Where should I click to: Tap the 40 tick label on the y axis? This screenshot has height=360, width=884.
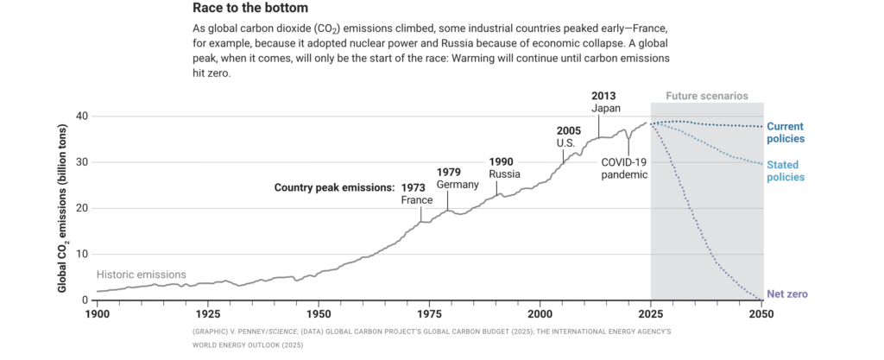coord(81,117)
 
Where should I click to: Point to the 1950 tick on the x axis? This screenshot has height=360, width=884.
coord(319,314)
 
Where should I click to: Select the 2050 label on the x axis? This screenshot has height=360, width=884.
coord(761,314)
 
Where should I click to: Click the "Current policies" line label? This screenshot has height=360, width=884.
coord(786,132)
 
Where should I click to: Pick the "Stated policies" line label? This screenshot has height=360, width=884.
coord(786,171)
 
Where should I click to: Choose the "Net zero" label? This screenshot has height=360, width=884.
coord(787,294)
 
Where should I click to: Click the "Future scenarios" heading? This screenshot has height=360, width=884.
coord(707,96)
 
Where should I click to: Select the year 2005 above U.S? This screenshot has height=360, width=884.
coord(570,130)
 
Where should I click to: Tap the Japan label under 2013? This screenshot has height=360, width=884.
coord(607,108)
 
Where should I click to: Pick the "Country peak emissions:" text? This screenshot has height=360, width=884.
coord(334,186)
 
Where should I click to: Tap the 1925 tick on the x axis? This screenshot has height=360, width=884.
coord(208,314)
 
